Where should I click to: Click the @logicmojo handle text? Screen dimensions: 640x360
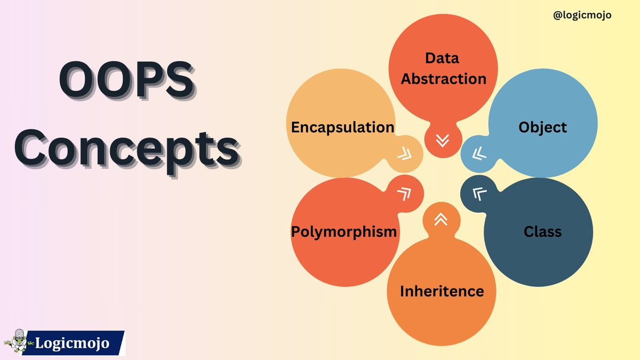(x=582, y=15)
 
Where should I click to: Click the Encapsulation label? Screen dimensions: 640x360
(x=342, y=127)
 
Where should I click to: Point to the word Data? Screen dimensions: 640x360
(x=442, y=58)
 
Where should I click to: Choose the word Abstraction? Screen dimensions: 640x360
(x=444, y=79)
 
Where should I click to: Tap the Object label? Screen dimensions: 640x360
(x=542, y=127)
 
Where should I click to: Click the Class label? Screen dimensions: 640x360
(x=542, y=231)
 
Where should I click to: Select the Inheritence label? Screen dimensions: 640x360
(x=442, y=291)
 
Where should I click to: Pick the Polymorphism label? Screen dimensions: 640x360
(x=344, y=231)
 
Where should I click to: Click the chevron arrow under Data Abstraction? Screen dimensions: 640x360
(x=442, y=141)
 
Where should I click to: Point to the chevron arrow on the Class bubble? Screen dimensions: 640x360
(x=479, y=194)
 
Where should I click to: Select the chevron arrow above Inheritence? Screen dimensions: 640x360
(x=441, y=219)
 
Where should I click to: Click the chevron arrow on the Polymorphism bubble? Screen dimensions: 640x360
(x=404, y=194)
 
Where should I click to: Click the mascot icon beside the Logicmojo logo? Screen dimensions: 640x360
(x=18, y=341)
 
